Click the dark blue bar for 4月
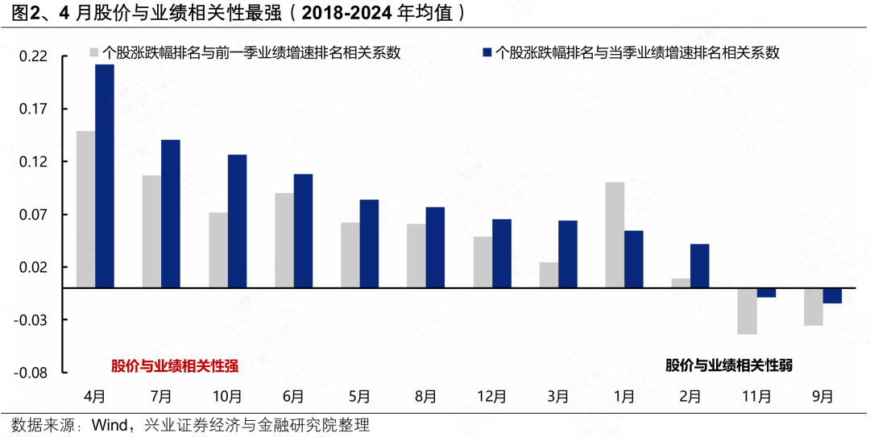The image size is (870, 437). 105,175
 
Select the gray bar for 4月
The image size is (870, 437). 85,209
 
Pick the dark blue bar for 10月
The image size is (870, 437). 237,221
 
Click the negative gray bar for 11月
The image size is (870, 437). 747,311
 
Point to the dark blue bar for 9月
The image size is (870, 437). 832,295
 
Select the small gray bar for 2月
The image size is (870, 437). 681,283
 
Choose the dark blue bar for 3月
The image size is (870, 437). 568,254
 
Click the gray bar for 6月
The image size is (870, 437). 284,241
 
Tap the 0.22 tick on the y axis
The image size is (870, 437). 33,56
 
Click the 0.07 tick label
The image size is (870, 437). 33,215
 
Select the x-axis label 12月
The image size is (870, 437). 491,396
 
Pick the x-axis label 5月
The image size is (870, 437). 359,396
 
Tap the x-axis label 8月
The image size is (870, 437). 425,396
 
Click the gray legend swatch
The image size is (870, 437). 94,52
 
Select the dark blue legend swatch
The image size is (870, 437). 486,52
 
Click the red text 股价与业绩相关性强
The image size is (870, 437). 175,366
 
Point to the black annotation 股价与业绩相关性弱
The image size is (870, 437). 729,365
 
